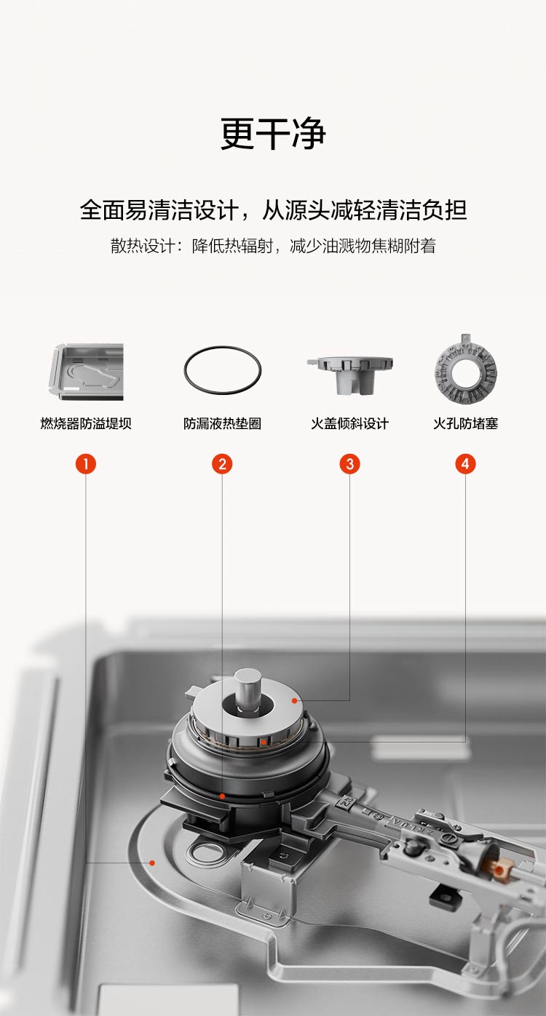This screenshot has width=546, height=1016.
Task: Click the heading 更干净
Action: [x=273, y=133]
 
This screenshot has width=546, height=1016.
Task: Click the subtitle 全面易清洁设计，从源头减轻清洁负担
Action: [x=273, y=209]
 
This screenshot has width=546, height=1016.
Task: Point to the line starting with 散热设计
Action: [x=273, y=246]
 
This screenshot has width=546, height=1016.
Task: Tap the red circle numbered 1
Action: [x=86, y=464]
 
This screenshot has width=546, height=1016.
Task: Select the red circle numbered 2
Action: [x=222, y=464]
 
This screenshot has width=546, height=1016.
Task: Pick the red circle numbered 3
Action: [x=349, y=464]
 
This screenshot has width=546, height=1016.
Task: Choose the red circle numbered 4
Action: [x=465, y=464]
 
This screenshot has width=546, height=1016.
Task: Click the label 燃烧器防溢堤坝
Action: [x=86, y=423]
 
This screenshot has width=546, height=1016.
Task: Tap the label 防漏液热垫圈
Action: [x=222, y=423]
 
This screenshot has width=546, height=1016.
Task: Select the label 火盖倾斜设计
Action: [x=349, y=423]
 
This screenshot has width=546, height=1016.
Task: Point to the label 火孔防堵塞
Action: [x=466, y=423]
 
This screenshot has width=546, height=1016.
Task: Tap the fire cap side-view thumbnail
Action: [x=349, y=375]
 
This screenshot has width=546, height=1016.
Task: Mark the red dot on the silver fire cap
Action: [x=295, y=701]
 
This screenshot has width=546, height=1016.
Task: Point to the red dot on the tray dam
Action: [x=152, y=863]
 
